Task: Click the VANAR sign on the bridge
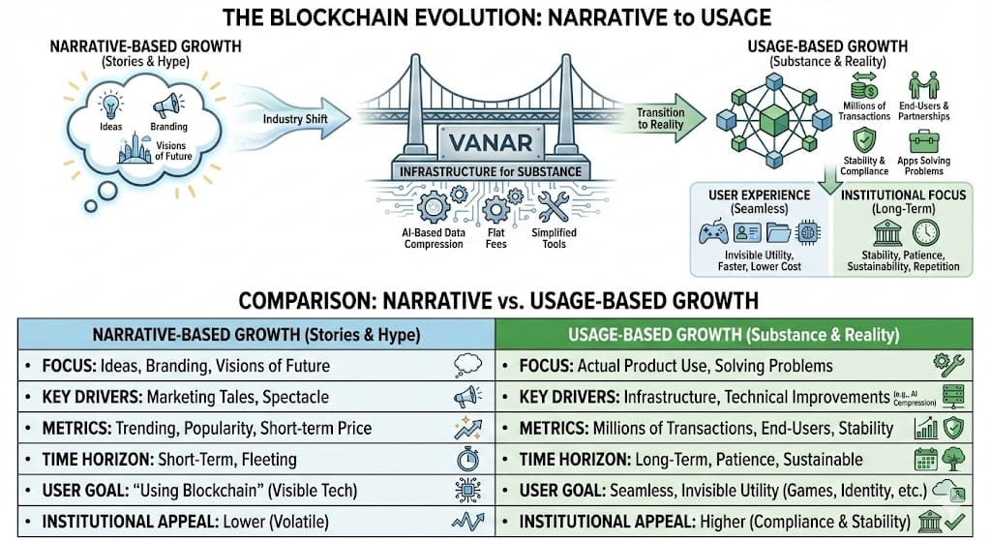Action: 490,142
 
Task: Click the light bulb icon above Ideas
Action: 111,105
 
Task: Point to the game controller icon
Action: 713,232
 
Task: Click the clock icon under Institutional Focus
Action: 926,232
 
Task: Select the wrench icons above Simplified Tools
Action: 554,207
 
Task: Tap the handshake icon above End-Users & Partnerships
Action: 923,85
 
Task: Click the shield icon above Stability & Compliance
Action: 864,140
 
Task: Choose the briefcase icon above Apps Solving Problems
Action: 923,141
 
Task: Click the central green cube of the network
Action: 773,120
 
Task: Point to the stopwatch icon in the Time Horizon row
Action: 467,459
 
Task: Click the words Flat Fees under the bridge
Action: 496,238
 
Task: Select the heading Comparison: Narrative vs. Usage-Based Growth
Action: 498,301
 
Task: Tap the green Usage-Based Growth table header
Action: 734,334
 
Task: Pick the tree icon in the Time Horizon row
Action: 953,459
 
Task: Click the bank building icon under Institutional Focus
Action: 887,232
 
